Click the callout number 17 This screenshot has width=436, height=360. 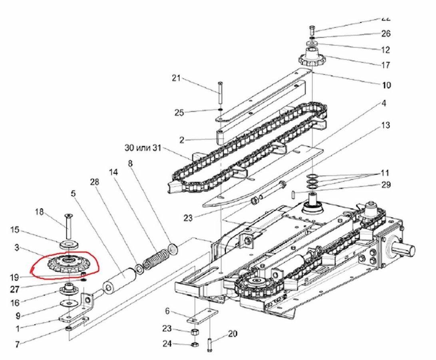[x=386, y=65]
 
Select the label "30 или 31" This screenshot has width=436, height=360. [x=142, y=148]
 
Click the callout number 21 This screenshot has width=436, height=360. [x=176, y=78]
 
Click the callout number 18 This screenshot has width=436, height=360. [x=39, y=212]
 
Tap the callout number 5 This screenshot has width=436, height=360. [x=73, y=194]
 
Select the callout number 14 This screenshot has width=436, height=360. [x=113, y=172]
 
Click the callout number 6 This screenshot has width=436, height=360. [x=167, y=311]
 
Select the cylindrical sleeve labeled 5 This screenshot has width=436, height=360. [x=119, y=279]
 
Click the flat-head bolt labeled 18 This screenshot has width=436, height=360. [x=69, y=226]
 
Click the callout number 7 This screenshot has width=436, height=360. [x=17, y=344]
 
